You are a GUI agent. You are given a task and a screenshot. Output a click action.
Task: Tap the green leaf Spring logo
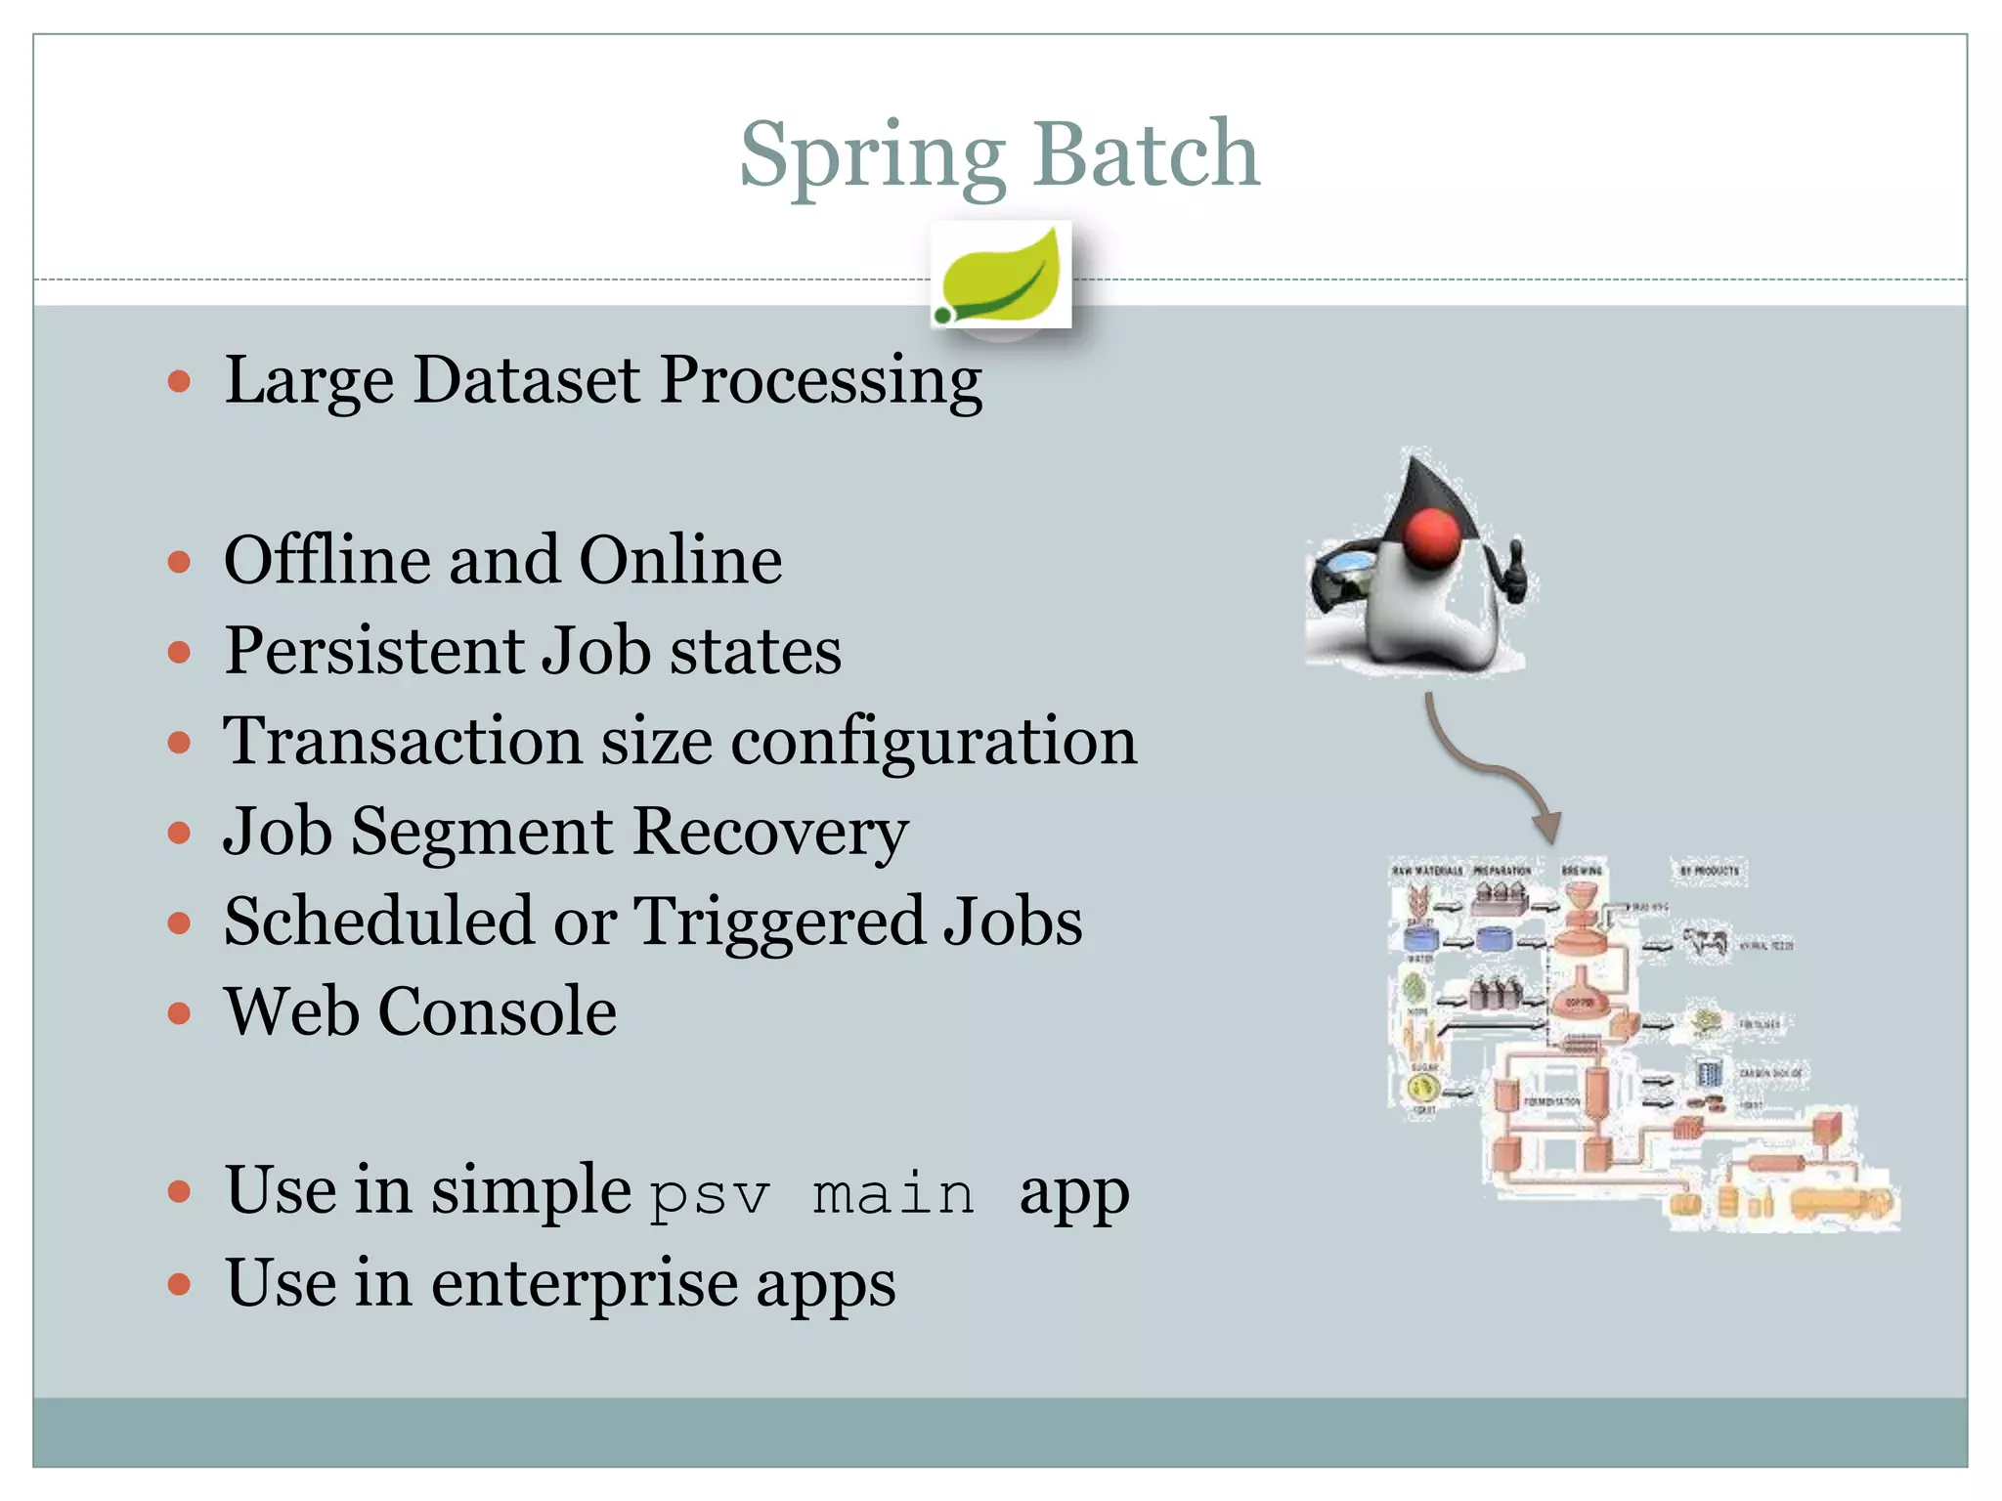pos(1001,276)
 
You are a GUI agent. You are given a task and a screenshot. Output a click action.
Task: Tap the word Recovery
pos(770,832)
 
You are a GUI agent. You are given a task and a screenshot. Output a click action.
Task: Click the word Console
pos(498,1011)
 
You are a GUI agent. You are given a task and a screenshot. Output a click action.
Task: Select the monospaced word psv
pos(710,1194)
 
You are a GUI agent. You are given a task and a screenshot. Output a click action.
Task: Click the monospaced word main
pos(893,1194)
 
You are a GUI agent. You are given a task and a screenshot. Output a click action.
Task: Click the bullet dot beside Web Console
pos(179,1013)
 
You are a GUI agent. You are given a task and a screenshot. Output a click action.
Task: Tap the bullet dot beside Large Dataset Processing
pos(179,381)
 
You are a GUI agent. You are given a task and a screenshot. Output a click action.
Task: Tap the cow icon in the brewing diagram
pos(1706,943)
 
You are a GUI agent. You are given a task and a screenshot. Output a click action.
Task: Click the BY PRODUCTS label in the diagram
pos(1710,870)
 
